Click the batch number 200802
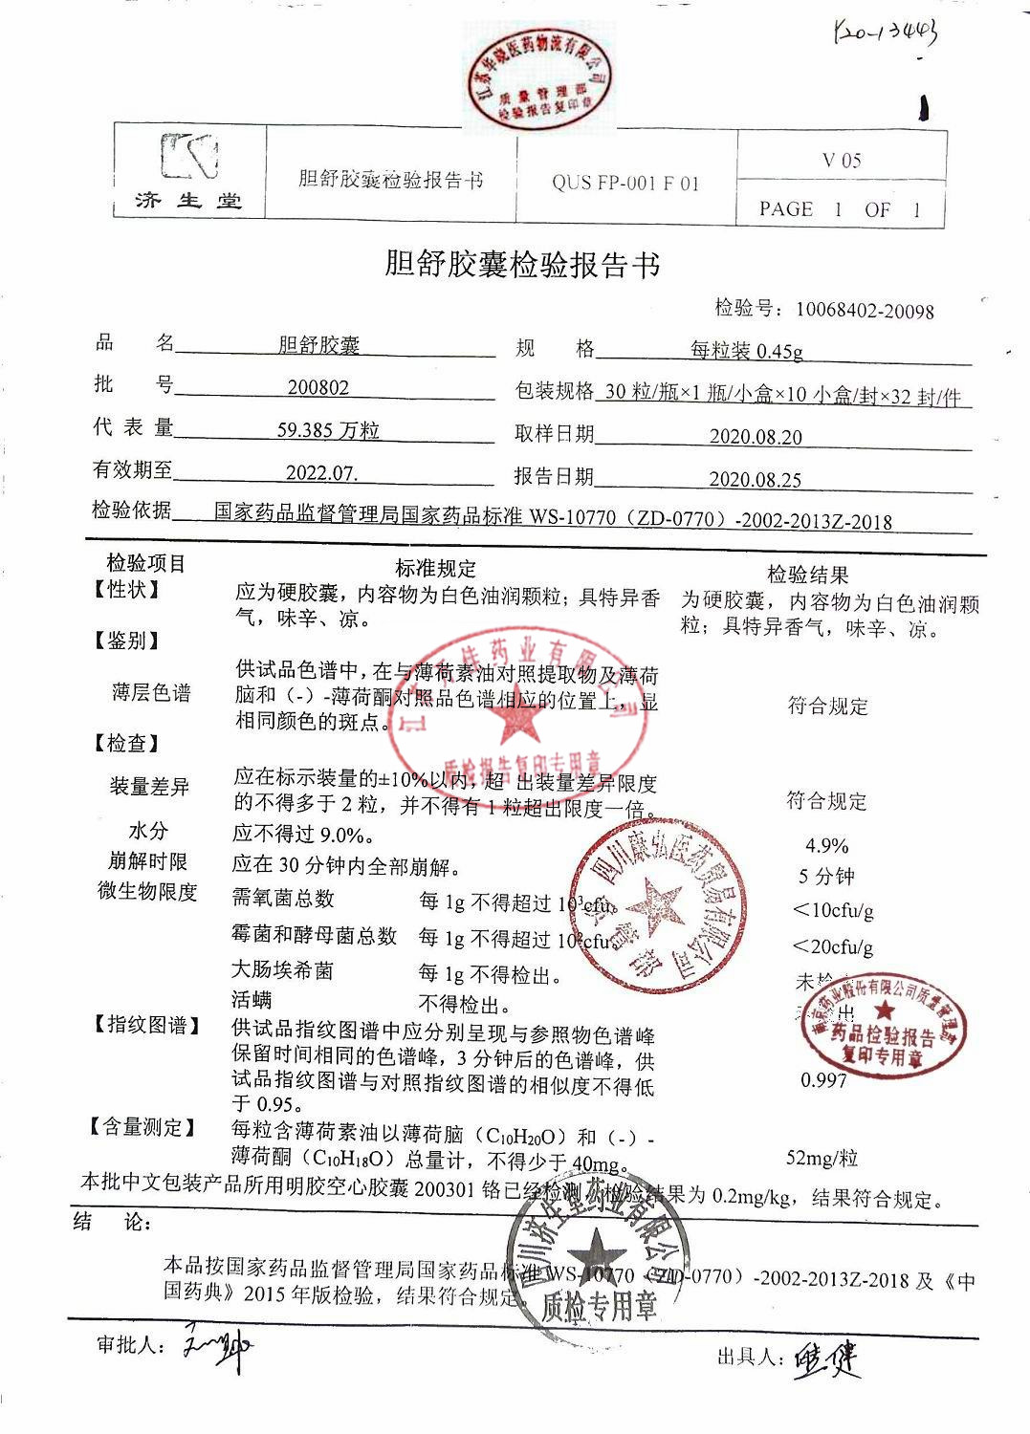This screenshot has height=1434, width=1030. (318, 387)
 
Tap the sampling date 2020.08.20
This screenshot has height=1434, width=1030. (756, 437)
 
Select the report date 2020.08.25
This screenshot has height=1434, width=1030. (755, 479)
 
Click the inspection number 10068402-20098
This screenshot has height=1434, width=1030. (865, 310)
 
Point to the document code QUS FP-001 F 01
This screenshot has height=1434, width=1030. (625, 183)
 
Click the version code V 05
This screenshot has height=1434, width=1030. (842, 160)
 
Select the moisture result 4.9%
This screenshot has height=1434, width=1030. (827, 846)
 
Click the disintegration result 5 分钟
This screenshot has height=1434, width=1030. (826, 877)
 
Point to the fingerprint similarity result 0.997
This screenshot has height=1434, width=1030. (823, 1080)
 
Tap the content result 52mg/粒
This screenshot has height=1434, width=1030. (822, 1158)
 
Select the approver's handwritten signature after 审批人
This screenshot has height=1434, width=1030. (217, 1346)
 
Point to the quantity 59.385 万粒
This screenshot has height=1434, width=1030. (328, 430)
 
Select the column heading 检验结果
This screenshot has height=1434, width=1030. (808, 575)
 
